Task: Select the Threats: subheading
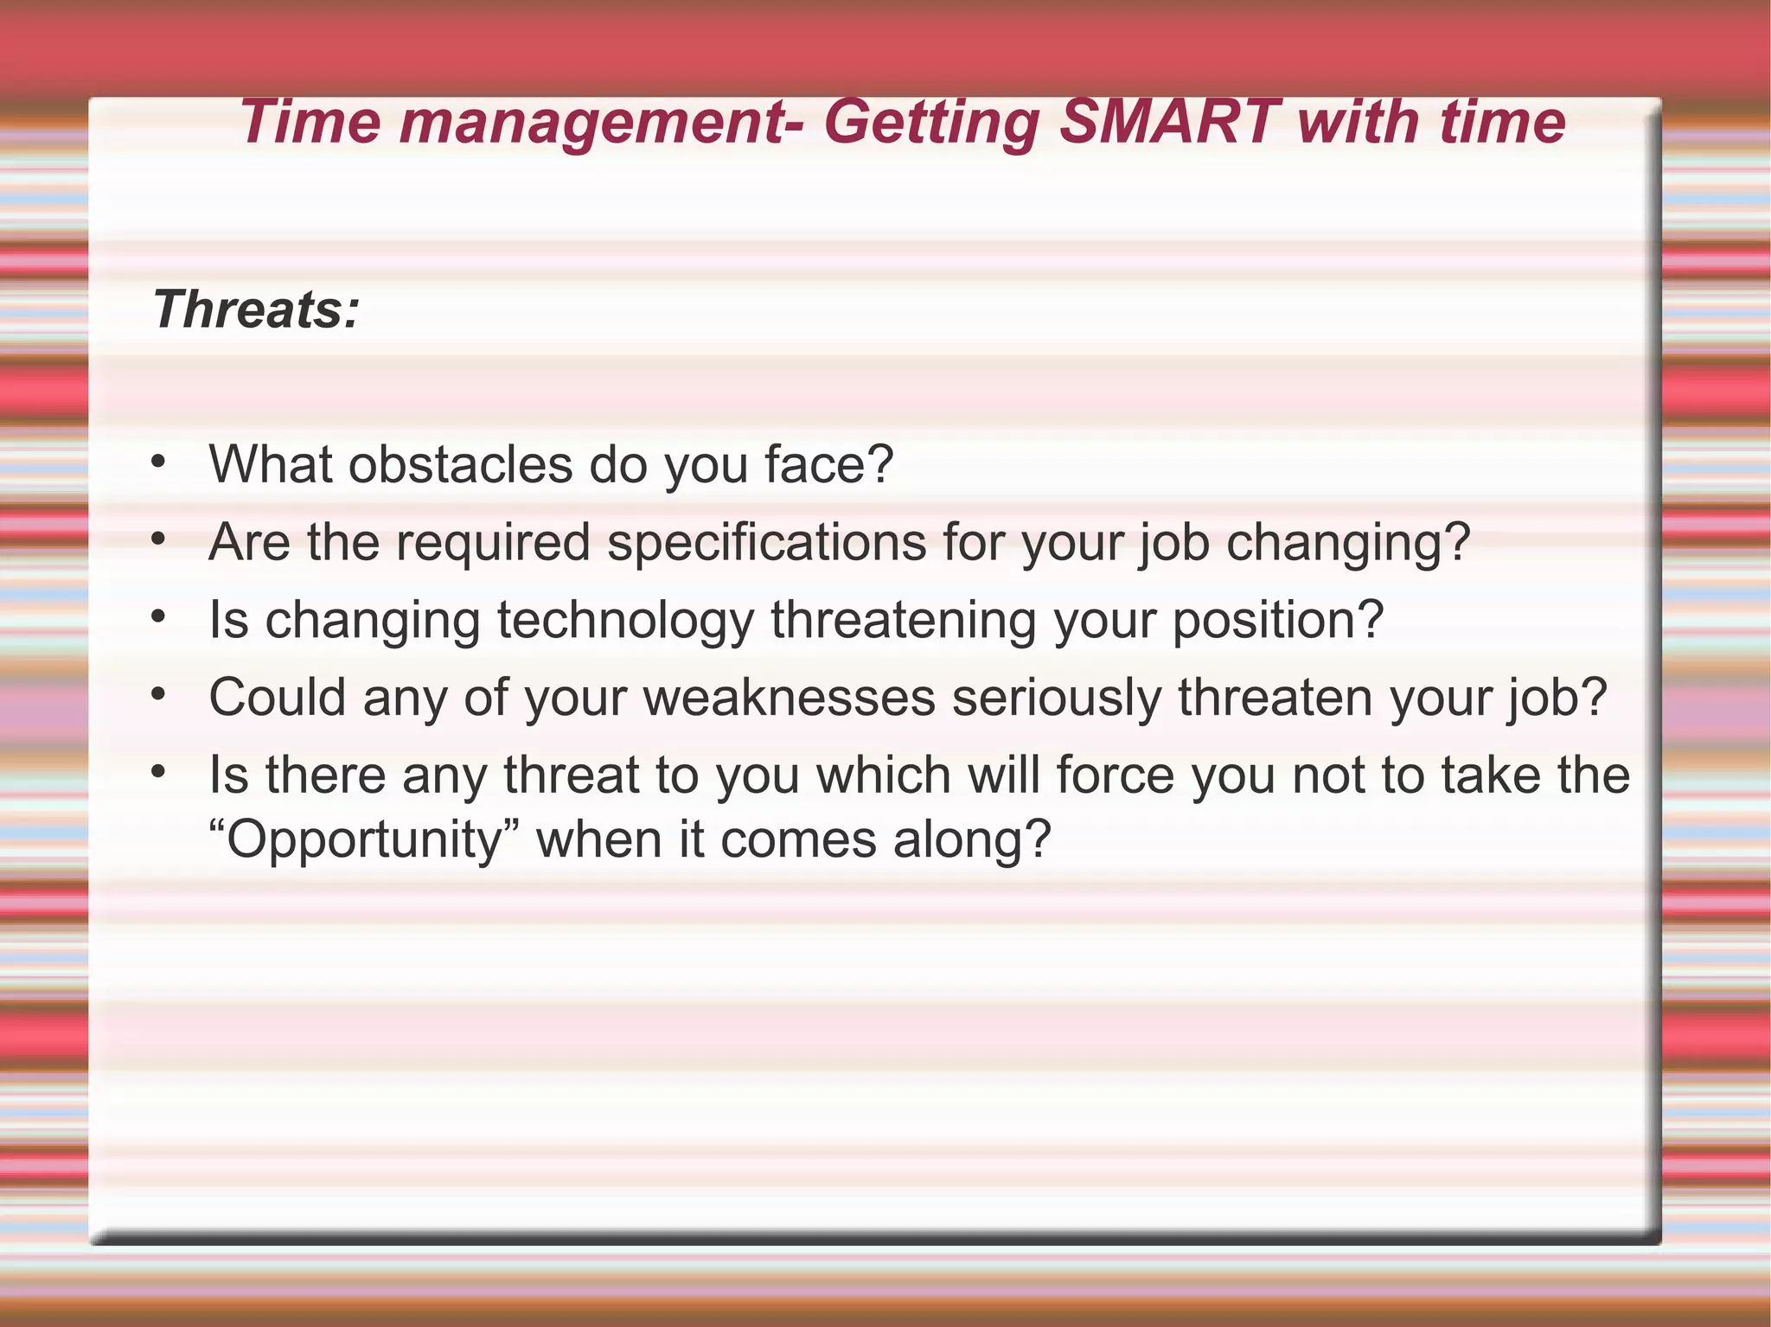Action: pyautogui.click(x=256, y=309)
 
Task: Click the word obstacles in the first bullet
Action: pyautogui.click(x=460, y=464)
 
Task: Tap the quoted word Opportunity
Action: pyautogui.click(x=364, y=840)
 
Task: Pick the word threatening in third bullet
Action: pyautogui.click(x=904, y=621)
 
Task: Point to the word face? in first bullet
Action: pyautogui.click(x=828, y=464)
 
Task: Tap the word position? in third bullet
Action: pyautogui.click(x=1278, y=621)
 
